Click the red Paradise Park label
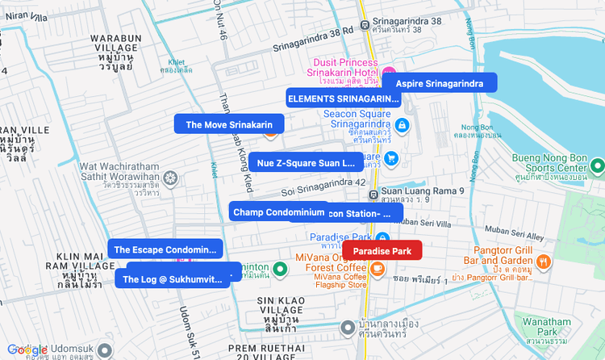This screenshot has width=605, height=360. click(382, 251)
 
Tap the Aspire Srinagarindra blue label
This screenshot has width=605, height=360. click(439, 83)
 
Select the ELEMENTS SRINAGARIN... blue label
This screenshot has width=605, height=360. click(344, 98)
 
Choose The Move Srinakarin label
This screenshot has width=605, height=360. click(230, 124)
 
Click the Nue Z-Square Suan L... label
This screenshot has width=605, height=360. click(306, 163)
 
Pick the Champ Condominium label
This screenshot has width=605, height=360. click(278, 212)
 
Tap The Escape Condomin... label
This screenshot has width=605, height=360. click(165, 249)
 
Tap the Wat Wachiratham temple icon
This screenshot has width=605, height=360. click(169, 178)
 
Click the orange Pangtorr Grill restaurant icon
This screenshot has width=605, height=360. click(543, 262)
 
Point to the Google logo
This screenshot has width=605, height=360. click(27, 350)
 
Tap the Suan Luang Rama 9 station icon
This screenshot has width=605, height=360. click(373, 195)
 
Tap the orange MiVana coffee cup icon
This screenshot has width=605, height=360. click(377, 268)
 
